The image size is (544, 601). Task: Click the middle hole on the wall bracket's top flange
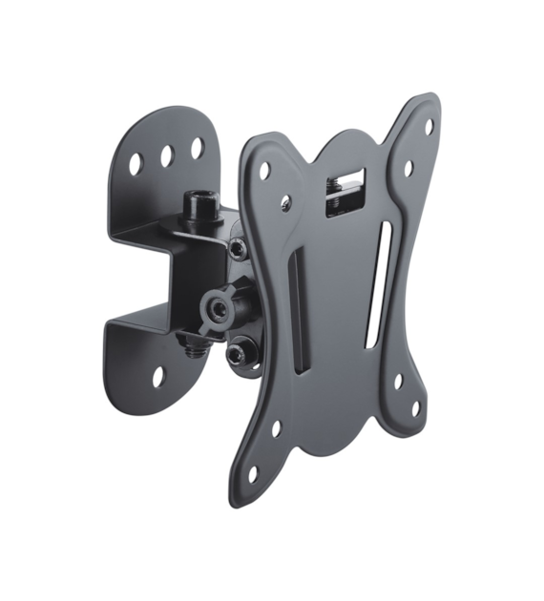point(167,155)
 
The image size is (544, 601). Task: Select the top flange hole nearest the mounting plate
point(197,148)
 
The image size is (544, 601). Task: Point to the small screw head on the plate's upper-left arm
point(284,201)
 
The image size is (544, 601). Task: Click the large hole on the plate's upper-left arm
point(264,171)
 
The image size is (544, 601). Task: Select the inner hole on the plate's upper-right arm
point(408,169)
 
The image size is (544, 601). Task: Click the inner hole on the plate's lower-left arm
point(276,429)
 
